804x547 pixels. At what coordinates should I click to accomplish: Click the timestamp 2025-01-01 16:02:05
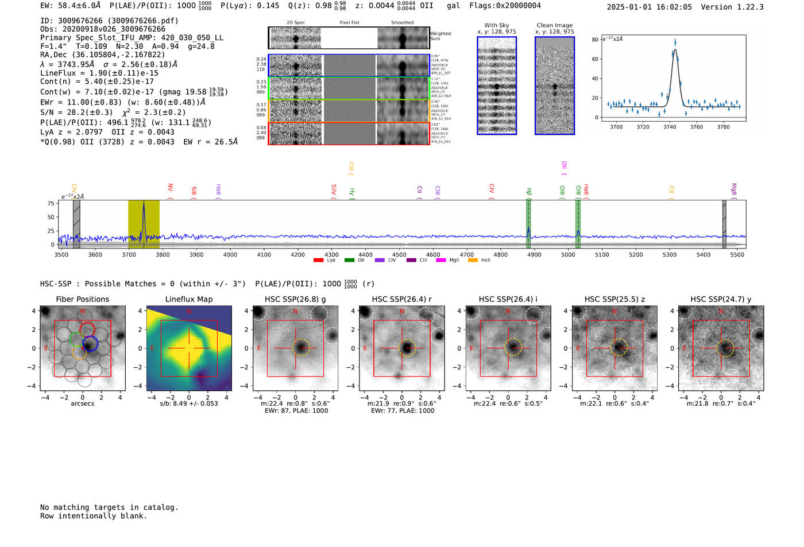click(x=649, y=7)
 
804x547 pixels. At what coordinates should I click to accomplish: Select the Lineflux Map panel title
click(x=189, y=299)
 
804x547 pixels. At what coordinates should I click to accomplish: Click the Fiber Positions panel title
click(x=82, y=299)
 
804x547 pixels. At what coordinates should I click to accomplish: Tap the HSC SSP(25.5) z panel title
click(x=614, y=299)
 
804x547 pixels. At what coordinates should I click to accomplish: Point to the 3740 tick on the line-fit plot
click(x=670, y=127)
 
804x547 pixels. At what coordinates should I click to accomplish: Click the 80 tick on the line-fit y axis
click(x=595, y=40)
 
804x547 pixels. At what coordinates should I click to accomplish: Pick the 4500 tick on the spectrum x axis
click(x=399, y=255)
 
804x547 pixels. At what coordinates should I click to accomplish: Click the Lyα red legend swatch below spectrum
click(x=318, y=261)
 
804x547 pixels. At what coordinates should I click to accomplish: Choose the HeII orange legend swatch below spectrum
click(x=473, y=261)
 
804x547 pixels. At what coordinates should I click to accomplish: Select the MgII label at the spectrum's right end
click(x=733, y=189)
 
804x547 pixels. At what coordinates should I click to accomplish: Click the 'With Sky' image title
click(x=497, y=25)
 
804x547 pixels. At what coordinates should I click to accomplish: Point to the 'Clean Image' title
click(x=555, y=25)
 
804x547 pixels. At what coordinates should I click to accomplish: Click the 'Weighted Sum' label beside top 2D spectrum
click(x=440, y=36)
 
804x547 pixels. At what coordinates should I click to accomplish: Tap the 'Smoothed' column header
click(x=402, y=23)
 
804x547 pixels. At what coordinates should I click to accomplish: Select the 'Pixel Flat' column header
click(x=349, y=23)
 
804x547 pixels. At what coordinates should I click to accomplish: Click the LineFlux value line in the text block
click(x=99, y=73)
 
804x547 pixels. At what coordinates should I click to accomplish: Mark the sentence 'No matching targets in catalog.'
click(x=109, y=507)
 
